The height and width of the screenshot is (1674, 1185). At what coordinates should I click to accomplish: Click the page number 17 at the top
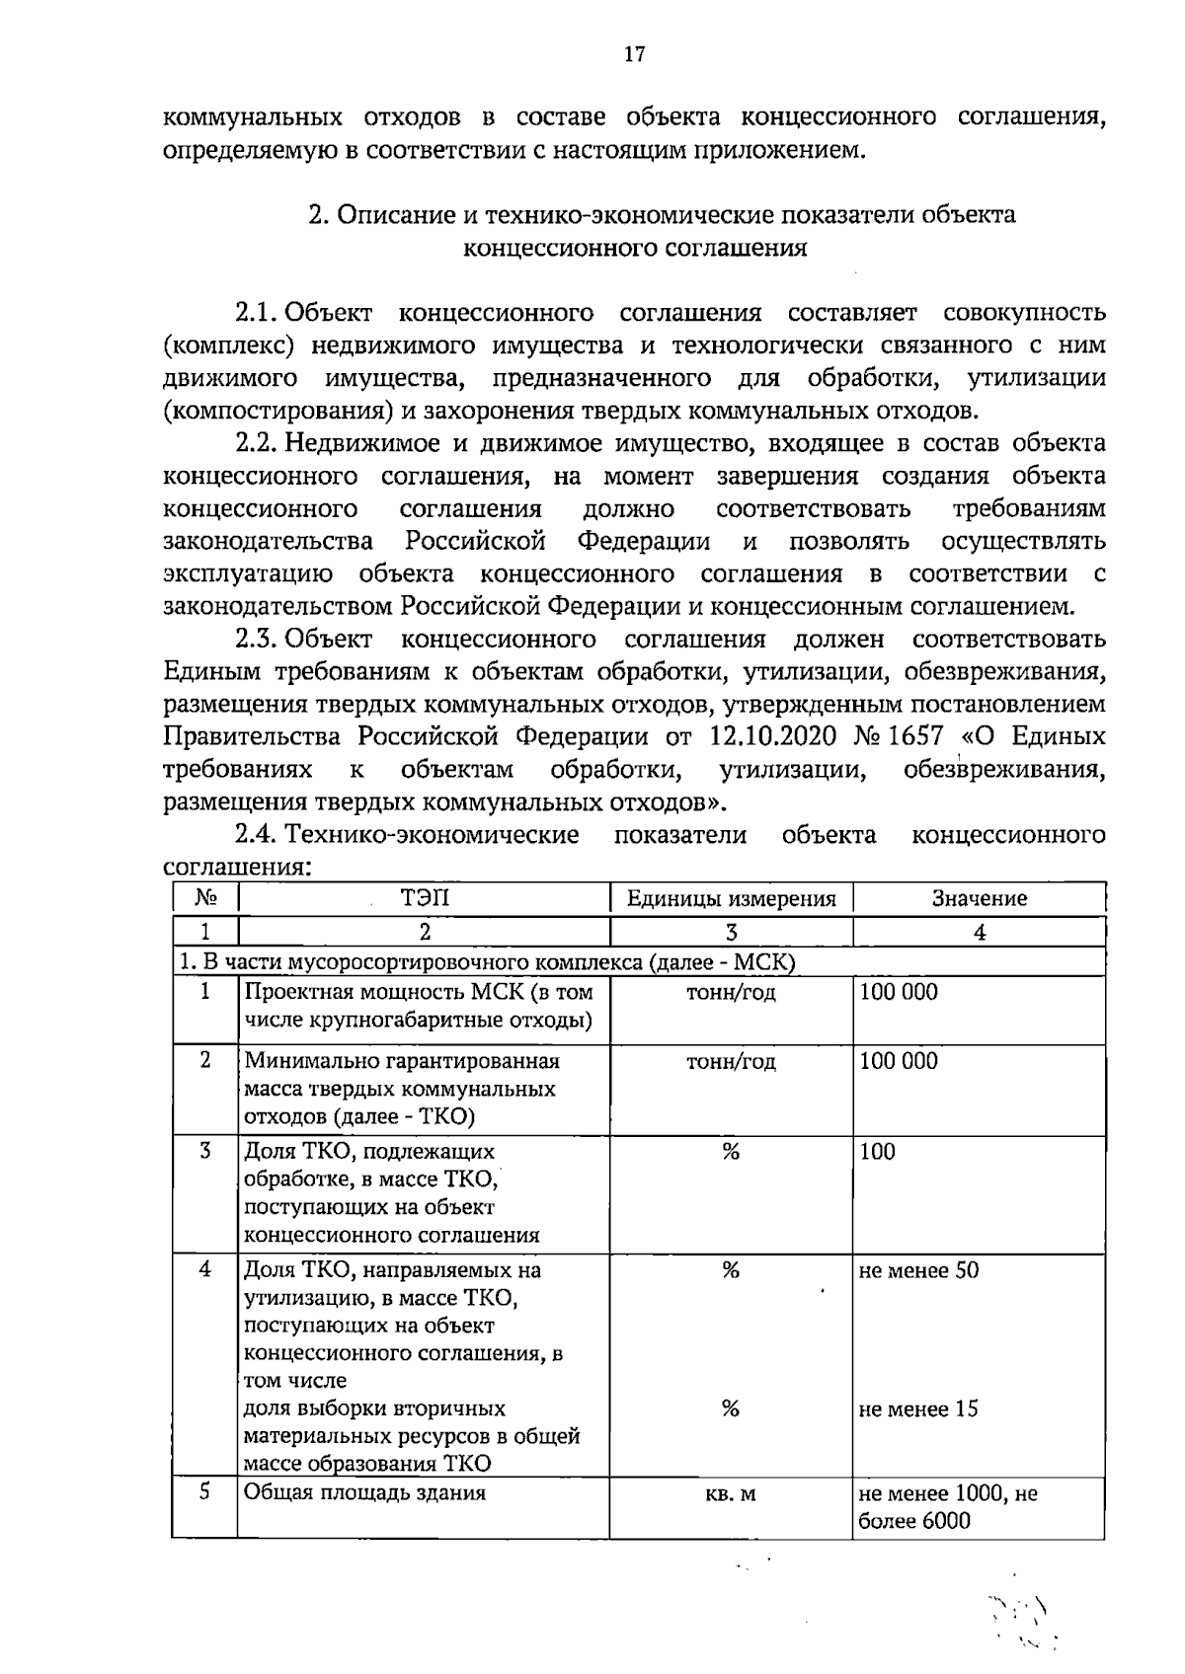[634, 54]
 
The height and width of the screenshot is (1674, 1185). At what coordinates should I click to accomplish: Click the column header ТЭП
[424, 898]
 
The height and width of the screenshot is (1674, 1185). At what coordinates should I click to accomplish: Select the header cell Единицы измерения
[731, 899]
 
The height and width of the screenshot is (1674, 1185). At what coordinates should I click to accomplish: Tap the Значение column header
[979, 899]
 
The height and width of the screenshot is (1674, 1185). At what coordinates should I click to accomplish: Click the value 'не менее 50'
[918, 1270]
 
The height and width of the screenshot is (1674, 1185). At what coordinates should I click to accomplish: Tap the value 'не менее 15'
[918, 1408]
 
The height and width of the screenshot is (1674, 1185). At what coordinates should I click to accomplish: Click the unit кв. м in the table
[731, 1494]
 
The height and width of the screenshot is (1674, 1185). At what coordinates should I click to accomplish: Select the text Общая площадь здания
[364, 1492]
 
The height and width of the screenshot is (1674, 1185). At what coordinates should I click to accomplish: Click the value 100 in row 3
[877, 1152]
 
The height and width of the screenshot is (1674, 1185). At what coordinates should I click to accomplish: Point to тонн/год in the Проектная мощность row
[731, 993]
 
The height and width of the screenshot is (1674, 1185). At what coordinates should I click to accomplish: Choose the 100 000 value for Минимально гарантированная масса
[899, 1062]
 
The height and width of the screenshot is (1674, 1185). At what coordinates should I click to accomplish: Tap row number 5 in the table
[204, 1491]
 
